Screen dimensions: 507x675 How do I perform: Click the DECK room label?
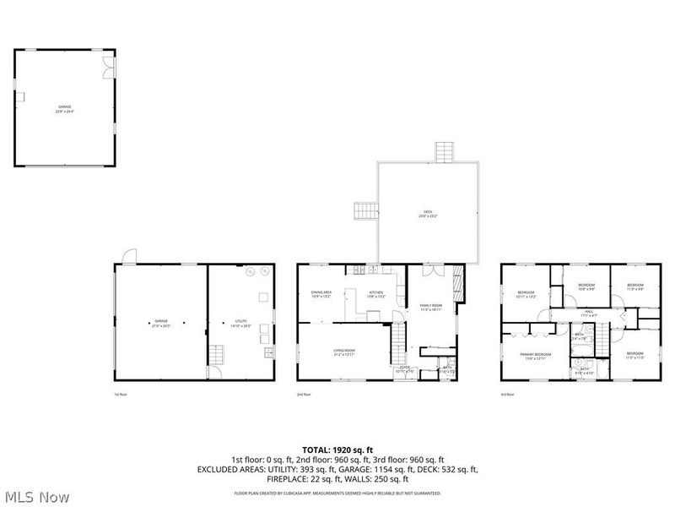(427, 214)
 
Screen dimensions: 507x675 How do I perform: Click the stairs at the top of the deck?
(445, 152)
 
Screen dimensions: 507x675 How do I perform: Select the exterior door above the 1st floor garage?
(127, 256)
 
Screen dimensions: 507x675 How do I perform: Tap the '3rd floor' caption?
(508, 395)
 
